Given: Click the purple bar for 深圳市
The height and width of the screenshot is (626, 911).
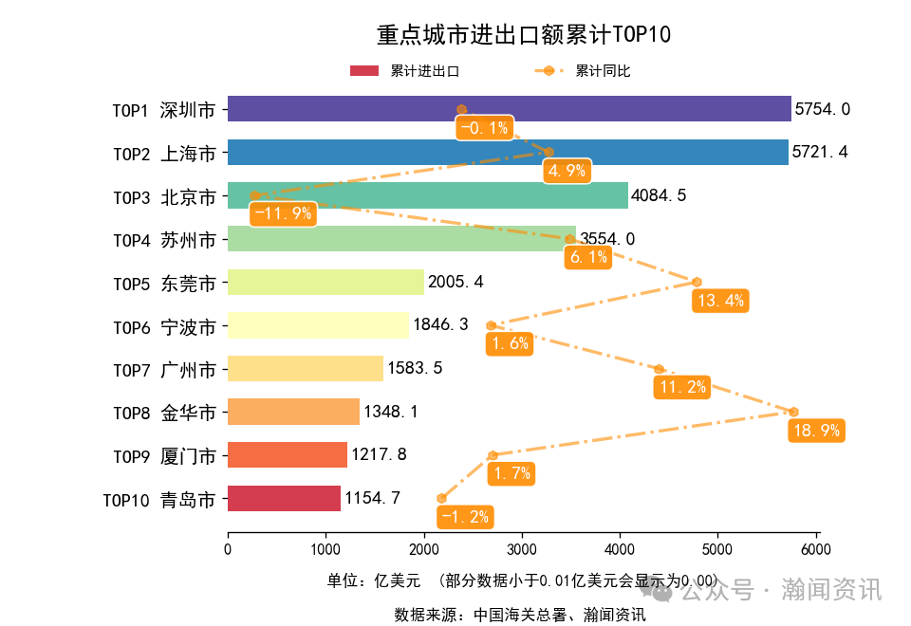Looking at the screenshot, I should click(x=509, y=109).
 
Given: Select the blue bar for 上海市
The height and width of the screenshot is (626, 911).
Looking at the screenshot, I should click(x=508, y=152).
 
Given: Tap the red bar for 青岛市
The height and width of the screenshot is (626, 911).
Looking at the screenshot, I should click(x=284, y=498).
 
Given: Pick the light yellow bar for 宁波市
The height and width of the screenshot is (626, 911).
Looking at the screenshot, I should click(x=318, y=325).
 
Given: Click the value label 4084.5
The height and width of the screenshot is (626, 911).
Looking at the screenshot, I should click(x=659, y=195).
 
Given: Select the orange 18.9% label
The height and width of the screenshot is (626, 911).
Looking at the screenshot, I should click(x=815, y=431).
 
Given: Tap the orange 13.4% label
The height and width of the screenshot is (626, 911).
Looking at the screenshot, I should click(x=720, y=301).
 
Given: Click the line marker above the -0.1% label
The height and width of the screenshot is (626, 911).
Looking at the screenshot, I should click(x=462, y=109).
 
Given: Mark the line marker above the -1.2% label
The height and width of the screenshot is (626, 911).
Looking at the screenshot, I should click(x=441, y=498).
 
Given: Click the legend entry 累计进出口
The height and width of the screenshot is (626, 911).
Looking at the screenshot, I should click(x=405, y=71).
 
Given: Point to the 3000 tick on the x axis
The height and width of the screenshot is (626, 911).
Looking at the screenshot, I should click(x=522, y=549).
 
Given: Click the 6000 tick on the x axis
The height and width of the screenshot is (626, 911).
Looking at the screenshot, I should click(x=816, y=549).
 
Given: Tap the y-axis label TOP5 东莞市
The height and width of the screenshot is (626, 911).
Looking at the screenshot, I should click(x=163, y=283).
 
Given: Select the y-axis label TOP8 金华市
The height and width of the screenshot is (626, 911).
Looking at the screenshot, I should click(x=163, y=413).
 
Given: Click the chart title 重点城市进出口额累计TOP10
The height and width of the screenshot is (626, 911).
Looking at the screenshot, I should click(x=524, y=35).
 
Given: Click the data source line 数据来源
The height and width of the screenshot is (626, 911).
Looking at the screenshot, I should click(x=520, y=615).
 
